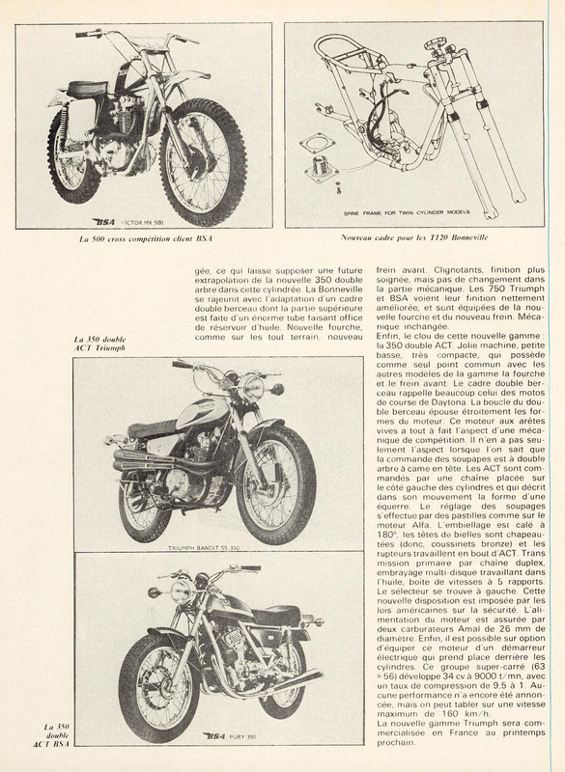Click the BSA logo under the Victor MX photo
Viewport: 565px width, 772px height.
[103, 222]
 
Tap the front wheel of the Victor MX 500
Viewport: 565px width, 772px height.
[203, 161]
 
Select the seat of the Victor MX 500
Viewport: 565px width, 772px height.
[88, 89]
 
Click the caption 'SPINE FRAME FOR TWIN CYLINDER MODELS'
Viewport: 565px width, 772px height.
[407, 212]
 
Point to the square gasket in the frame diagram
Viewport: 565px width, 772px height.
[317, 143]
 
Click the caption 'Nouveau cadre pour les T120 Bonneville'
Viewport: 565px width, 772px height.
[413, 237]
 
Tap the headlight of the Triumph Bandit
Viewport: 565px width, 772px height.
[252, 387]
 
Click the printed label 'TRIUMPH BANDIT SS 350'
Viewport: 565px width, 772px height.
[204, 547]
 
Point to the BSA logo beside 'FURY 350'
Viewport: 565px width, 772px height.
[213, 736]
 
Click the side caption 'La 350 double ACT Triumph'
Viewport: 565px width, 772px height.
[99, 344]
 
